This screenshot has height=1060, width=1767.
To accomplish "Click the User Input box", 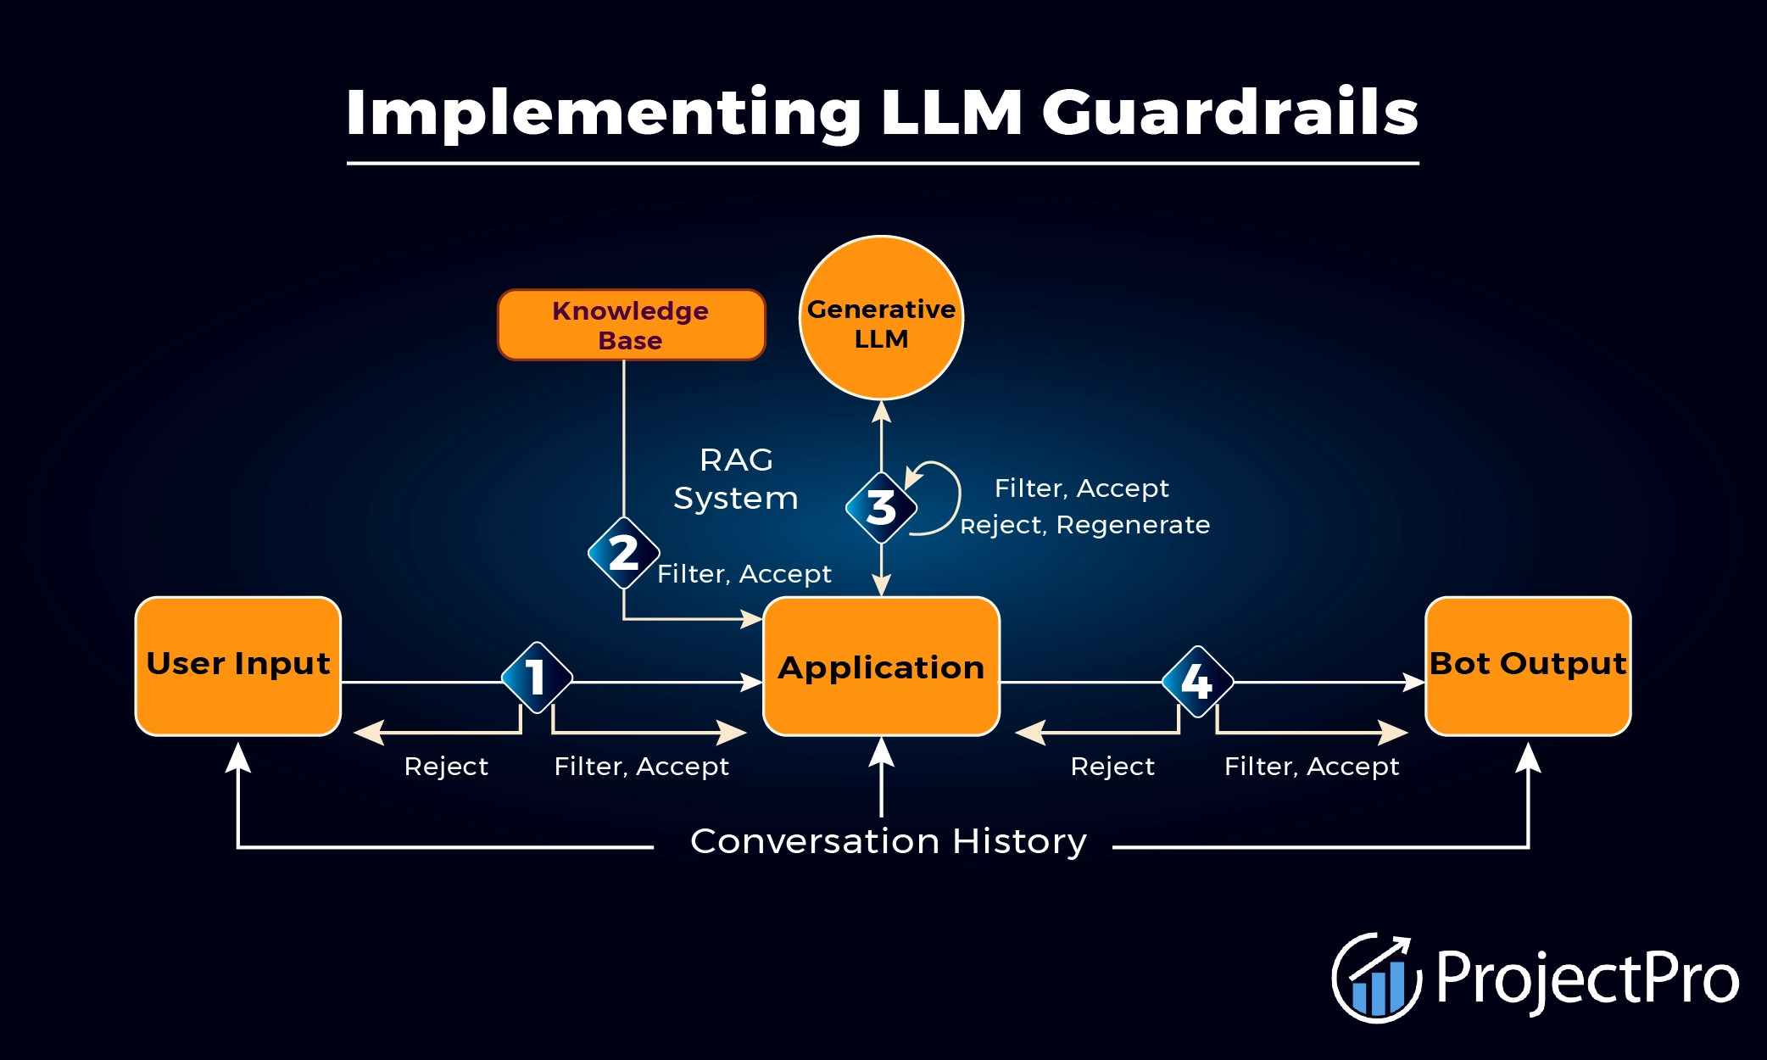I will click(238, 666).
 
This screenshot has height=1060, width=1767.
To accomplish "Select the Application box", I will click(881, 667).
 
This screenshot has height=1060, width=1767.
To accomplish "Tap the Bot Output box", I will click(1528, 666).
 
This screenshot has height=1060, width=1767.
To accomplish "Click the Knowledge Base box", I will click(631, 325).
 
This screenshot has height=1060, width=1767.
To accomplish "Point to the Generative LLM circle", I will click(881, 318).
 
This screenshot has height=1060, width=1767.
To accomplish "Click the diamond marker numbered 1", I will click(537, 678).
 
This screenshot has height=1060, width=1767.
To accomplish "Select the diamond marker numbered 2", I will click(624, 553).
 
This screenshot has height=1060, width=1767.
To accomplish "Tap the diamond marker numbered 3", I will click(882, 508).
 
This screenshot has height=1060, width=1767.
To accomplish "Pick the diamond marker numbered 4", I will click(1197, 681).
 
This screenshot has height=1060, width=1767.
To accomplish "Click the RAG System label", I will click(736, 479).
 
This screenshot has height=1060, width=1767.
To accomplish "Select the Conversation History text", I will click(888, 842).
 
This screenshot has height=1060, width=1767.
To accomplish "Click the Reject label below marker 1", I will click(446, 767).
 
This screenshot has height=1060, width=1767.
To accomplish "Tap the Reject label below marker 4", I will click(1112, 767).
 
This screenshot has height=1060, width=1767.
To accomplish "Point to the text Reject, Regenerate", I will click(1085, 525).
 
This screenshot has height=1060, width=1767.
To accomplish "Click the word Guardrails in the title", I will click(1229, 112).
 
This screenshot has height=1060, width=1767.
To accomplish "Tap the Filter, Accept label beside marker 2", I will click(744, 574).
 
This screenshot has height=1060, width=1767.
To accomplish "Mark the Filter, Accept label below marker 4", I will click(1312, 767).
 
